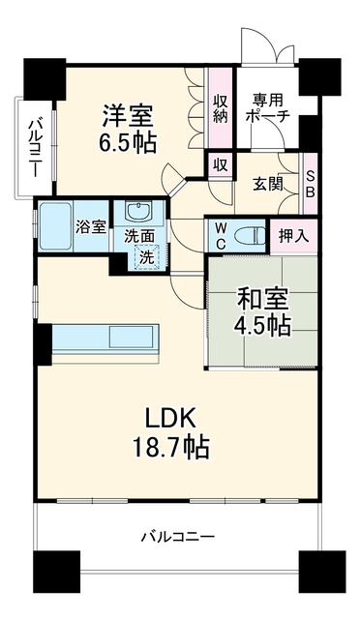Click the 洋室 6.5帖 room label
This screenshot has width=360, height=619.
(x=127, y=129)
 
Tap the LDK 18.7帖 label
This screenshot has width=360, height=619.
(x=170, y=433)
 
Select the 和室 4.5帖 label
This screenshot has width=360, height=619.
(x=263, y=312)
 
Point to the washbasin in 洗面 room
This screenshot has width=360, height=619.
(x=138, y=211)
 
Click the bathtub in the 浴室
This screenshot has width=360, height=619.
(x=56, y=226)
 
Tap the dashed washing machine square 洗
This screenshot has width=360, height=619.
(x=146, y=256)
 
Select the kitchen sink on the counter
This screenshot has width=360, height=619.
(x=131, y=337)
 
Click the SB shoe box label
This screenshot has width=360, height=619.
(x=311, y=185)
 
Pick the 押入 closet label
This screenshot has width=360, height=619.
(x=293, y=236)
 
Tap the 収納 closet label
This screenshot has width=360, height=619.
(x=221, y=108)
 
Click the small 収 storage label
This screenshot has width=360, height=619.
(x=221, y=165)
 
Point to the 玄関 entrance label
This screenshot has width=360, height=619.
(x=268, y=184)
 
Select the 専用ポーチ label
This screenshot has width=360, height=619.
(x=268, y=107)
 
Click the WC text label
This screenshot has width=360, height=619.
(x=221, y=236)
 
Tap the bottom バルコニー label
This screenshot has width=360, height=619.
(x=178, y=537)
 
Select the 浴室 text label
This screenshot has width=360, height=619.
(x=91, y=227)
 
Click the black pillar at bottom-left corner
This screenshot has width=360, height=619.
(x=56, y=567)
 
